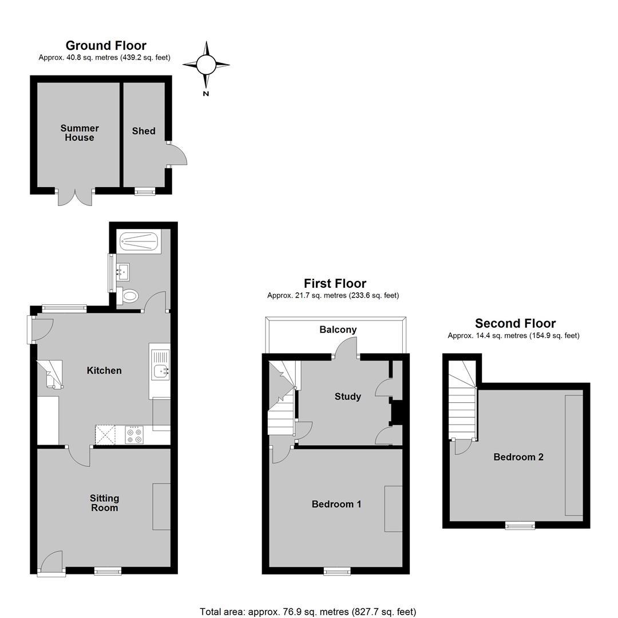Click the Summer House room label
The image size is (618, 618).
[x=80, y=133]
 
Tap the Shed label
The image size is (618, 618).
[x=144, y=131]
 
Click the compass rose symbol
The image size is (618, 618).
[x=206, y=65]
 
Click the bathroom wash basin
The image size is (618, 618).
[x=123, y=272]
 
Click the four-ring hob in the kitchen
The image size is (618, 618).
[x=134, y=435]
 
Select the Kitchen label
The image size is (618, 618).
[x=104, y=370]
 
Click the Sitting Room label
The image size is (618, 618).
[x=105, y=503]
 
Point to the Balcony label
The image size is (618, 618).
[x=338, y=330]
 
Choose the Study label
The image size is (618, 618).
[x=348, y=397]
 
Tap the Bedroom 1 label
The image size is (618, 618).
[x=336, y=504]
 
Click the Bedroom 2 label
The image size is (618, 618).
[x=518, y=457]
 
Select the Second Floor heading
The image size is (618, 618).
[x=515, y=323]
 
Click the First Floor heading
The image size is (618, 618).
[x=335, y=283]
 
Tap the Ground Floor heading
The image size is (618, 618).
[x=106, y=45]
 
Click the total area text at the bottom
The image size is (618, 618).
[x=308, y=612]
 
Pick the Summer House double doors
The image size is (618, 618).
[x=75, y=197]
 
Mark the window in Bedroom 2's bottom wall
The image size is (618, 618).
[x=520, y=525]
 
